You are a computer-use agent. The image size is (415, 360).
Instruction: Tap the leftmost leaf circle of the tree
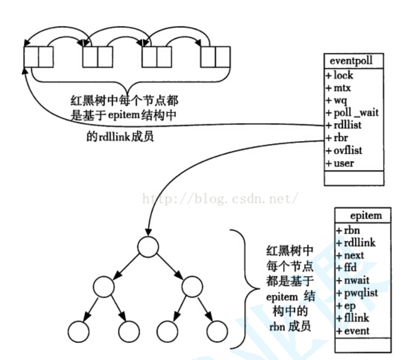click(78, 331)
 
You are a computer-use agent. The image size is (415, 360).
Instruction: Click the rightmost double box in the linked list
click(216, 58)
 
